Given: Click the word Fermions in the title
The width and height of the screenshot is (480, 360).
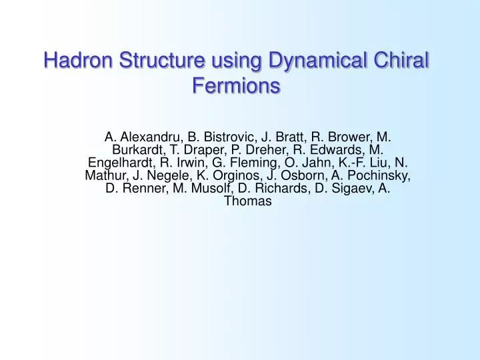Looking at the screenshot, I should [235, 86].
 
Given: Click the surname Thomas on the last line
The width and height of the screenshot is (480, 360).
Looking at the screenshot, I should [248, 201].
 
